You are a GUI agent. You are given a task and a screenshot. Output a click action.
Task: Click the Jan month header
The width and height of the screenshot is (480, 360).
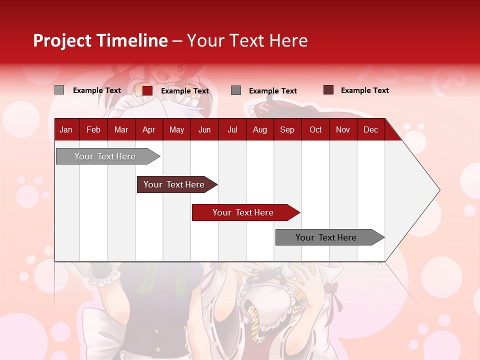pos(66,129)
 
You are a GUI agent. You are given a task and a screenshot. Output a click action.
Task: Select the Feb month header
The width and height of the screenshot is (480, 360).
pos(93,129)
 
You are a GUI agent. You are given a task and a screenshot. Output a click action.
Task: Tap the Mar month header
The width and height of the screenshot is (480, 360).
pos(121,129)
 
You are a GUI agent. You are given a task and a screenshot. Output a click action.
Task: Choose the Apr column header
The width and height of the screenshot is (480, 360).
pos(149,129)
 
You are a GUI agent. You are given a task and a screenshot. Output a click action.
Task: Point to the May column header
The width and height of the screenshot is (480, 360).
pos(176,129)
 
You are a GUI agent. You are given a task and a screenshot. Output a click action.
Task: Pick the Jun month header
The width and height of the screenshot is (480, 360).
pos(204,129)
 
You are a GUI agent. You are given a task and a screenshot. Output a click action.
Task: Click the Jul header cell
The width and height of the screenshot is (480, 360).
pos(232,129)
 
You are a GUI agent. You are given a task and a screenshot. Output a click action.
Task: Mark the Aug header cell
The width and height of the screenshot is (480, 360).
pos(260,129)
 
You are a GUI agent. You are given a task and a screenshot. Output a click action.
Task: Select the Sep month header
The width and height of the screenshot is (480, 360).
pos(287,129)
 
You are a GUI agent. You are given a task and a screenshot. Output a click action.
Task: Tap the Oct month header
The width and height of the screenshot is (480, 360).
pos(315,129)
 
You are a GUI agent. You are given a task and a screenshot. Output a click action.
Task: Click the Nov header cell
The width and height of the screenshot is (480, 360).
pos(343,129)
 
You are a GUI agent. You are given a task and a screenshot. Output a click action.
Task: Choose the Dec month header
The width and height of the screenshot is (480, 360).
pos(371,129)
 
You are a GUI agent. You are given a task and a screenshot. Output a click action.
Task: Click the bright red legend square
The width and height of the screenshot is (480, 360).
pos(147,90)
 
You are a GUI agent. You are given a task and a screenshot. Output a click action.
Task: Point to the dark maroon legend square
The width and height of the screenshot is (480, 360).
pos(328,90)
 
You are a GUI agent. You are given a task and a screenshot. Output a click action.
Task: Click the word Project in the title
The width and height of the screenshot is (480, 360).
pos(62,40)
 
